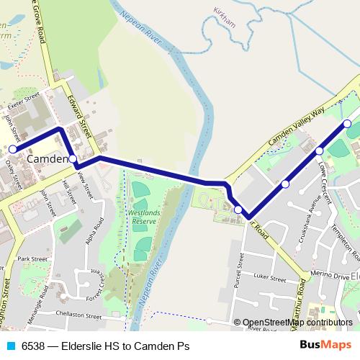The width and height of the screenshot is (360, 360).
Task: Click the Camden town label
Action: [x=48, y=158]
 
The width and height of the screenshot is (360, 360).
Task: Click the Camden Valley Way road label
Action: [x=296, y=125]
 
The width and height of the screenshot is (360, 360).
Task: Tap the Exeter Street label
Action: [x=23, y=101]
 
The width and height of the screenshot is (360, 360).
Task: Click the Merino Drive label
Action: [x=329, y=274]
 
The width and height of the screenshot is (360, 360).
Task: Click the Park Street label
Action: [x=32, y=258]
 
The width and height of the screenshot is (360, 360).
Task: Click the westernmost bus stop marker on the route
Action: [x=12, y=149]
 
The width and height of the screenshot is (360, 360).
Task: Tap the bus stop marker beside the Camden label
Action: [x=73, y=158]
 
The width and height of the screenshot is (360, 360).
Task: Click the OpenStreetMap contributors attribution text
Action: [x=297, y=323]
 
